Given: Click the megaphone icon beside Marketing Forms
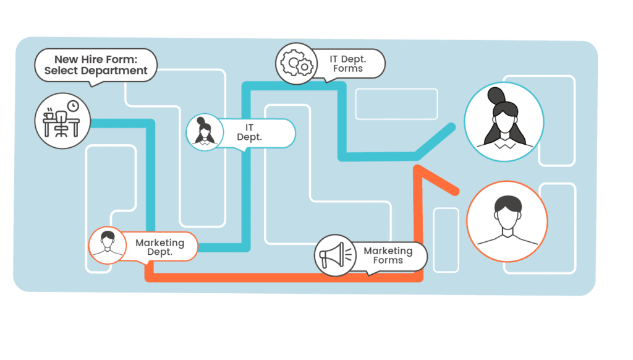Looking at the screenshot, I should (x=334, y=255).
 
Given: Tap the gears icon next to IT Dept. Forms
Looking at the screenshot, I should (x=295, y=63).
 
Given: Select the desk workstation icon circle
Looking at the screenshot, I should (x=62, y=121).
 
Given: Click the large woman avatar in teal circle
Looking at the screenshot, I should (x=504, y=122).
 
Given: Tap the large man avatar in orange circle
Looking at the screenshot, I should (x=507, y=221).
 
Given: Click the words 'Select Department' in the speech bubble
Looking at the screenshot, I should (x=96, y=71).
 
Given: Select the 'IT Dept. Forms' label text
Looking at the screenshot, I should (x=347, y=64).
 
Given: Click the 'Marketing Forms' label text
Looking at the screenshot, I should (x=388, y=255).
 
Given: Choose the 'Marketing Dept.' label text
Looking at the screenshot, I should (x=159, y=247).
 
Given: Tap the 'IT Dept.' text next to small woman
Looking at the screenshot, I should (x=249, y=132).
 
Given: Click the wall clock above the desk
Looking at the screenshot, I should (x=73, y=106).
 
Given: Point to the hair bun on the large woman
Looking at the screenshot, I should (x=497, y=95).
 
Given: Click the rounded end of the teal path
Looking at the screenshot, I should (x=452, y=127).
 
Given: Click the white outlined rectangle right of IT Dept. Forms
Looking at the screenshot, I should (x=396, y=104).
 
